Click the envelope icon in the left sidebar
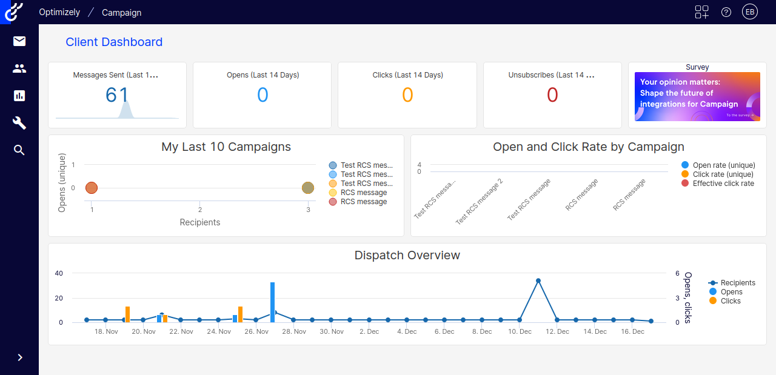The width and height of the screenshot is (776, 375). pyautogui.click(x=19, y=41)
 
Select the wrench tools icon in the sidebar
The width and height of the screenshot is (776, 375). pyautogui.click(x=19, y=123)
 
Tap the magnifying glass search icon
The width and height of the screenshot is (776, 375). pyautogui.click(x=19, y=150)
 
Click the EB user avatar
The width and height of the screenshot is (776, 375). pyautogui.click(x=750, y=12)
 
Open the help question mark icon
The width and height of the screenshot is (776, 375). pyautogui.click(x=726, y=12)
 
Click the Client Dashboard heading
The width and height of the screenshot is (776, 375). pyautogui.click(x=114, y=42)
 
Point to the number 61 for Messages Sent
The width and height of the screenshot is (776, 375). pyautogui.click(x=117, y=95)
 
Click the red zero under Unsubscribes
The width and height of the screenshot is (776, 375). pyautogui.click(x=552, y=95)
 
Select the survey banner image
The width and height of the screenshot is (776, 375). pyautogui.click(x=697, y=97)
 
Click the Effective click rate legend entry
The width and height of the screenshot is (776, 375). pyautogui.click(x=723, y=184)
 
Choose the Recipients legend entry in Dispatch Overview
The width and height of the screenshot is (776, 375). pyautogui.click(x=737, y=283)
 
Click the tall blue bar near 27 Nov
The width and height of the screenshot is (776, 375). pyautogui.click(x=273, y=302)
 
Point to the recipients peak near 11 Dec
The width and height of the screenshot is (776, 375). pyautogui.click(x=538, y=281)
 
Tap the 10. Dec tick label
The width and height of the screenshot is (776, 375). pyautogui.click(x=520, y=331)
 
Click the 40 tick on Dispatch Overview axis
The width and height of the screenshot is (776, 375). pyautogui.click(x=59, y=273)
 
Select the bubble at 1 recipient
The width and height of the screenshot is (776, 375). pyautogui.click(x=92, y=188)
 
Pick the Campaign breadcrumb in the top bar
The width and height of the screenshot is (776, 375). pyautogui.click(x=121, y=12)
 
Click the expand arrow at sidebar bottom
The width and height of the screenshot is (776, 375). pyautogui.click(x=19, y=357)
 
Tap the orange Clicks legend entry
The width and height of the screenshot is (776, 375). pyautogui.click(x=730, y=301)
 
